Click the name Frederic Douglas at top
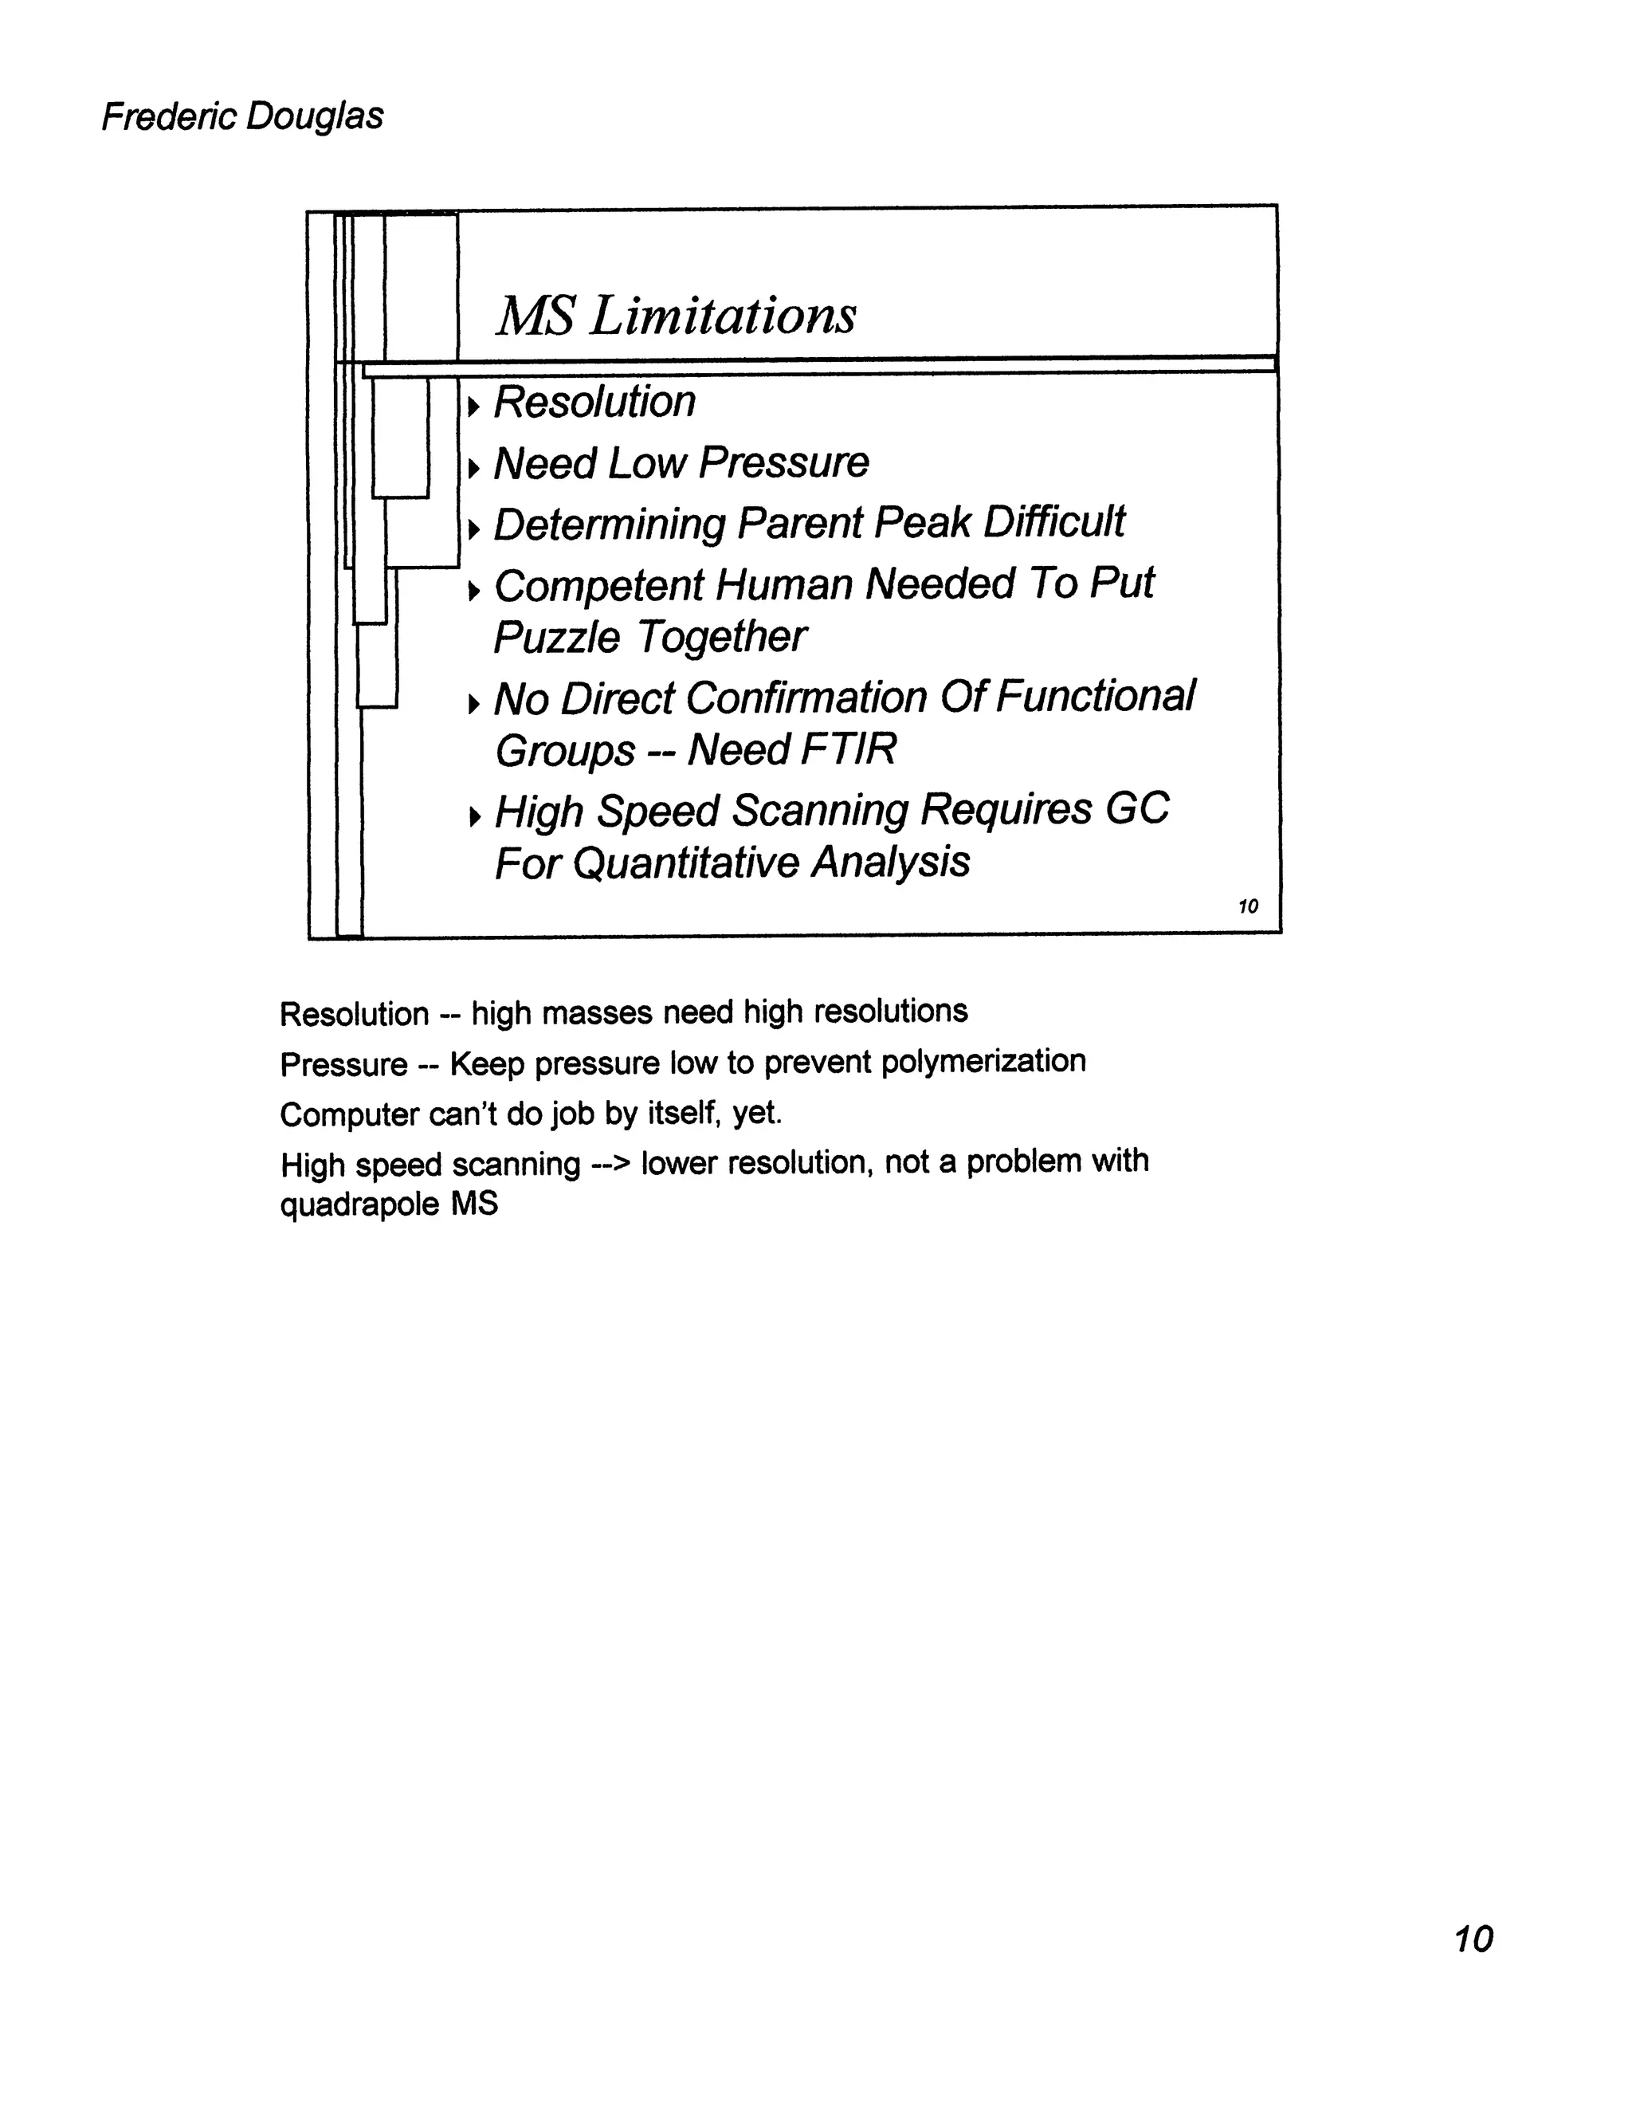(x=242, y=116)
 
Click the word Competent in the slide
(x=598, y=586)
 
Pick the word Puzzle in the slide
(x=555, y=639)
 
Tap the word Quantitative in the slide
(x=685, y=863)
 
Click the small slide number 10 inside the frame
(x=1248, y=906)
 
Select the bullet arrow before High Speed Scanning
(x=473, y=816)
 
